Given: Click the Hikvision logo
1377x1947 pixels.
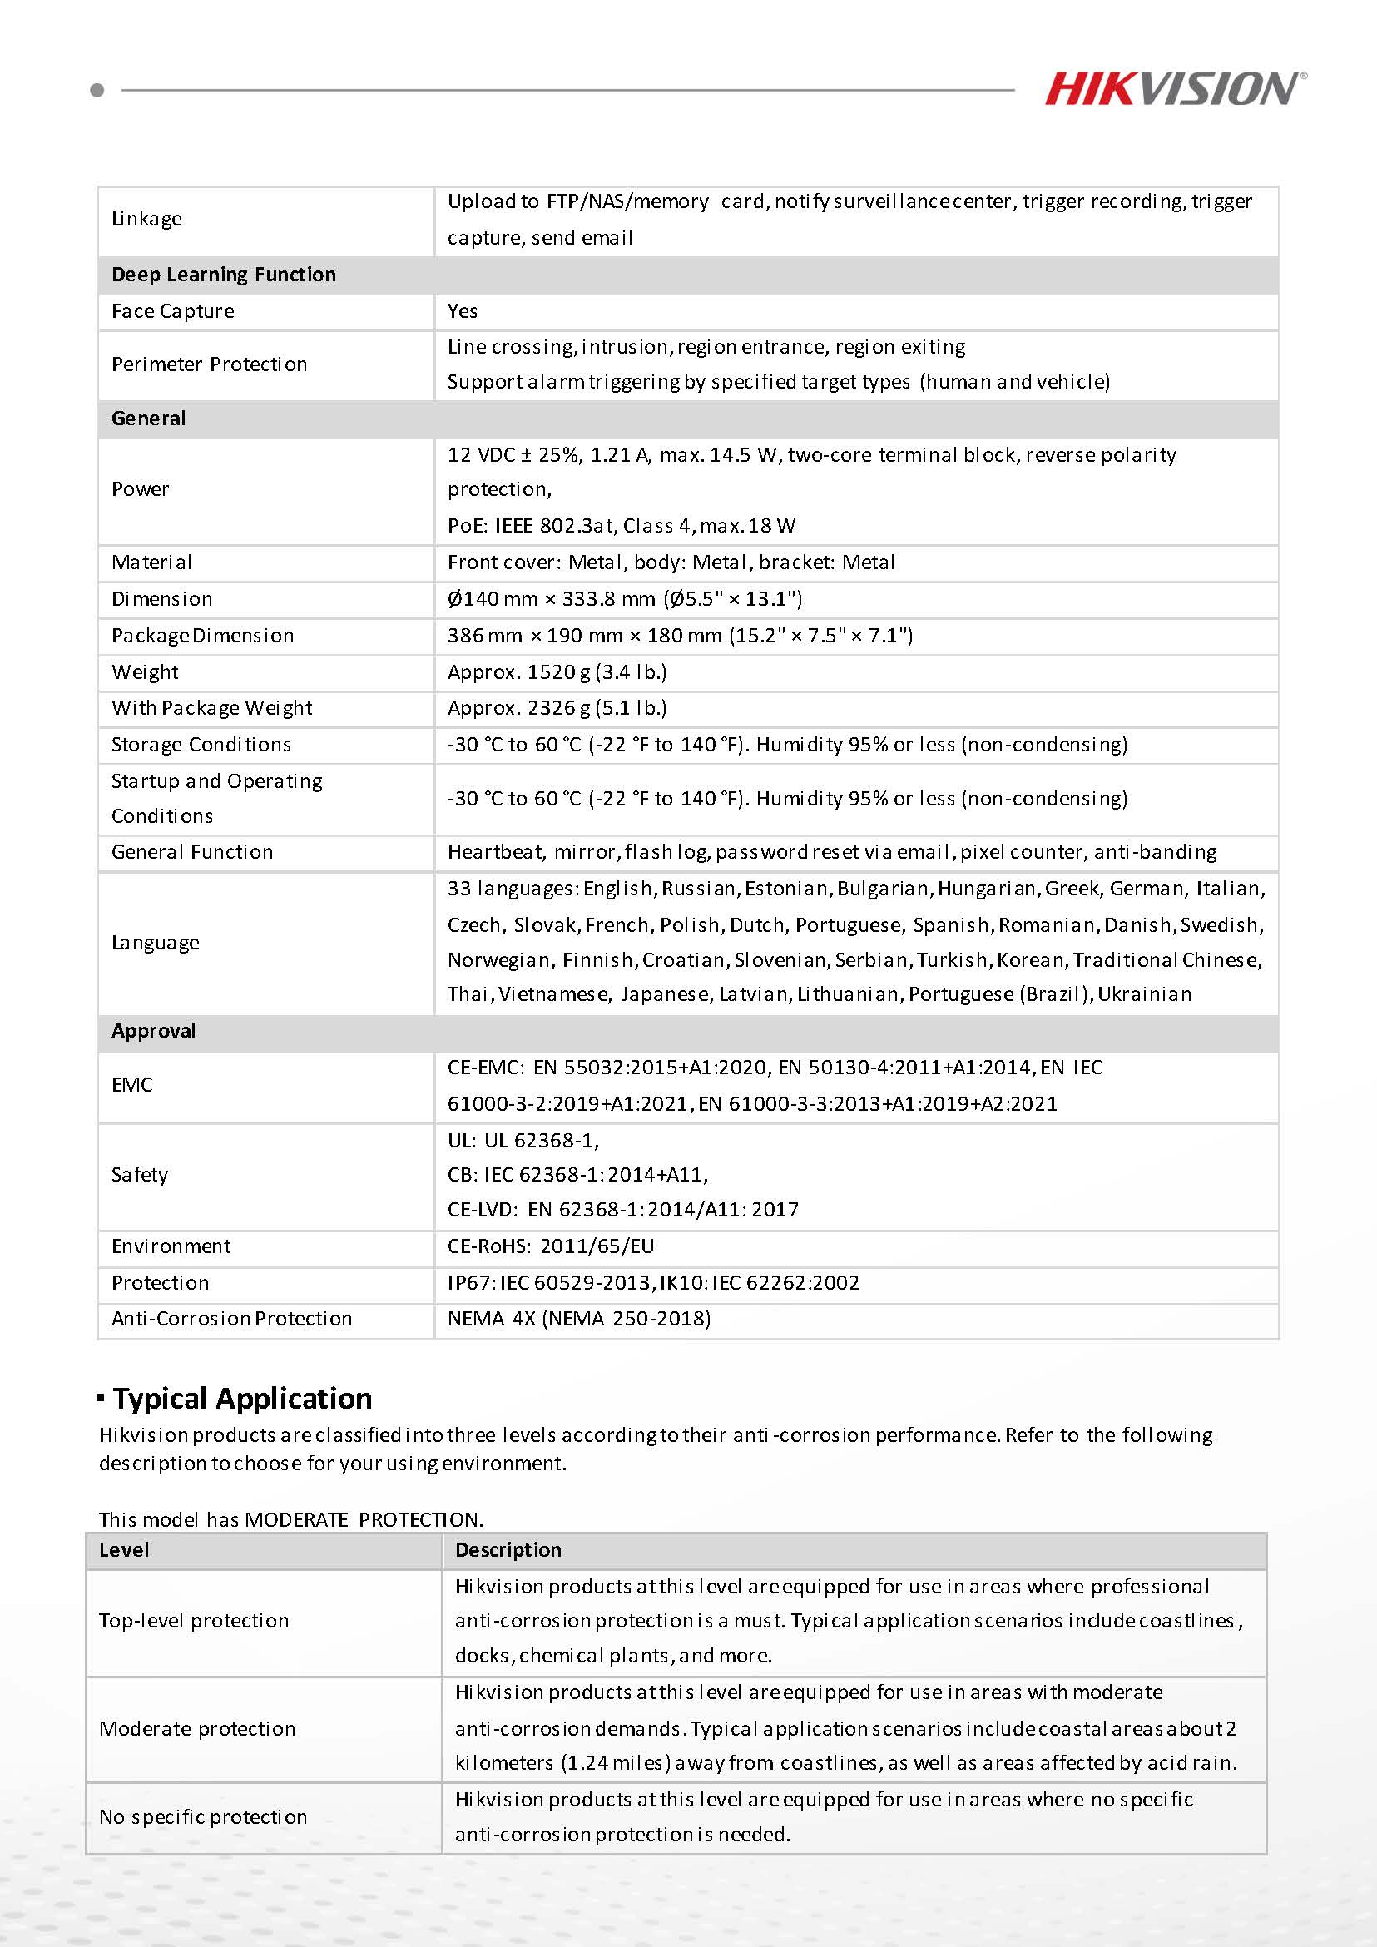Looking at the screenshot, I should pos(1174,88).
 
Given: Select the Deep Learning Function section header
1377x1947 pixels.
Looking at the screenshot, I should pos(224,275).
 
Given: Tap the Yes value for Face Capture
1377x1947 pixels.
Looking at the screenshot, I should pos(462,311).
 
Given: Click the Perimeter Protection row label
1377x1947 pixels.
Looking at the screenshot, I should pos(209,364).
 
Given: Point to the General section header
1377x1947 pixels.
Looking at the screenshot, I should pos(148,419).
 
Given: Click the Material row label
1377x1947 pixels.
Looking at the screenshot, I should pos(151,562).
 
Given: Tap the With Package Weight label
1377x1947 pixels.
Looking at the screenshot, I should pos(211,708).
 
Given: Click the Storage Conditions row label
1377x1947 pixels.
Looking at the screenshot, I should pos(201,745).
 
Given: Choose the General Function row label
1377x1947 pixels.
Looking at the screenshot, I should pos(191,852).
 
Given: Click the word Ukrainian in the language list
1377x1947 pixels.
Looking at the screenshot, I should pos(1144,993).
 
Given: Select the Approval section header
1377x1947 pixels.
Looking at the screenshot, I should pos(153,1031).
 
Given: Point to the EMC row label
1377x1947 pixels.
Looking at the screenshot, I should pos(132,1086).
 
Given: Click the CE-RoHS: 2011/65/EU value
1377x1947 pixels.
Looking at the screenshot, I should pos(550,1246).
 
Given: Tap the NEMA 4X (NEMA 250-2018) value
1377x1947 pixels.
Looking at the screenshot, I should pos(578,1319).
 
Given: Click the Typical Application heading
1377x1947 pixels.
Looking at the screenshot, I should pos(241,1399).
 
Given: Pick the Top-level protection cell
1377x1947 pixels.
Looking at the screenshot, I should pos(193,1621).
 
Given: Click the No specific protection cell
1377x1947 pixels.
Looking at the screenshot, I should pos(203,1816).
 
